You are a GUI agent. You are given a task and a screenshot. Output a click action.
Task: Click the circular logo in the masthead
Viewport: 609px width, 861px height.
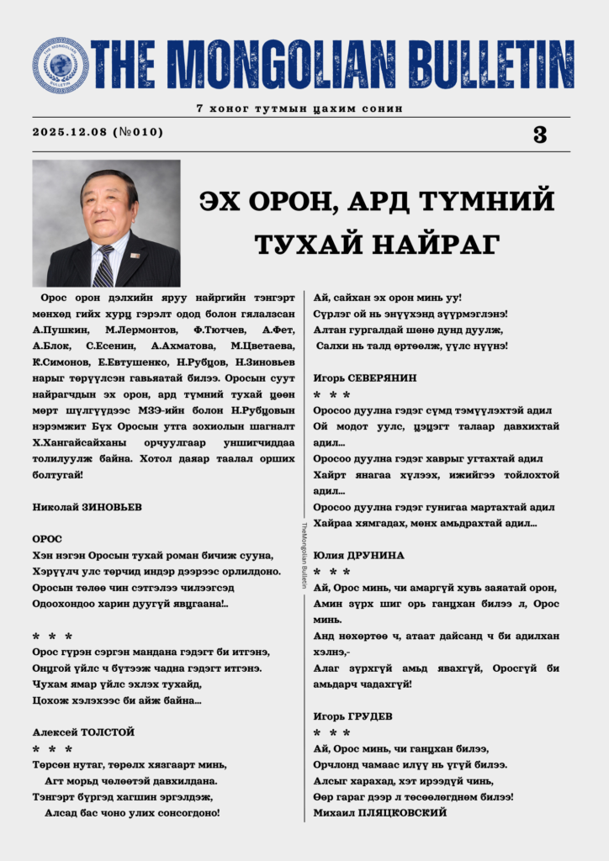[x=60, y=65]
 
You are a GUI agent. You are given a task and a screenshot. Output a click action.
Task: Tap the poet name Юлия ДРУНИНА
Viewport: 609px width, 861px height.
[x=359, y=556]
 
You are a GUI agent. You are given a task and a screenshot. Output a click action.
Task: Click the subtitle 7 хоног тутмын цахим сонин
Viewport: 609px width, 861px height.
[x=299, y=108]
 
